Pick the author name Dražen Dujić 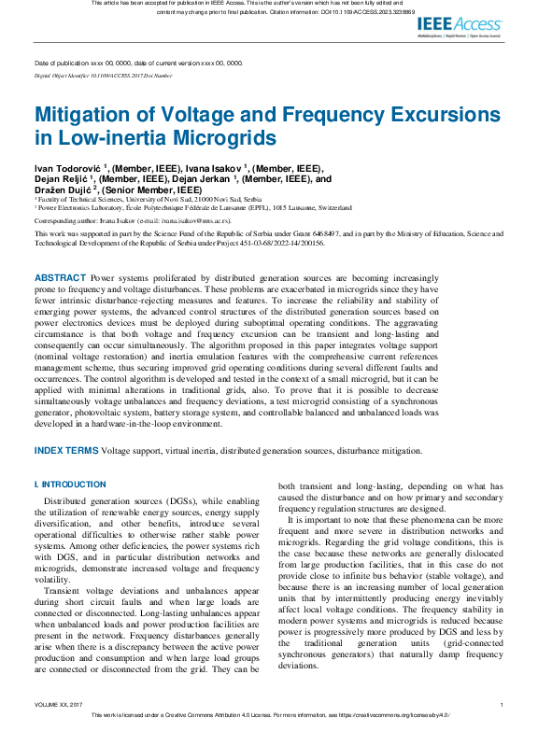[x=64, y=190]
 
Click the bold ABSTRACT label [x=60, y=252]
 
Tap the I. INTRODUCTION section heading [x=70, y=485]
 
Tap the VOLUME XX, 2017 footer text [x=58, y=704]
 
